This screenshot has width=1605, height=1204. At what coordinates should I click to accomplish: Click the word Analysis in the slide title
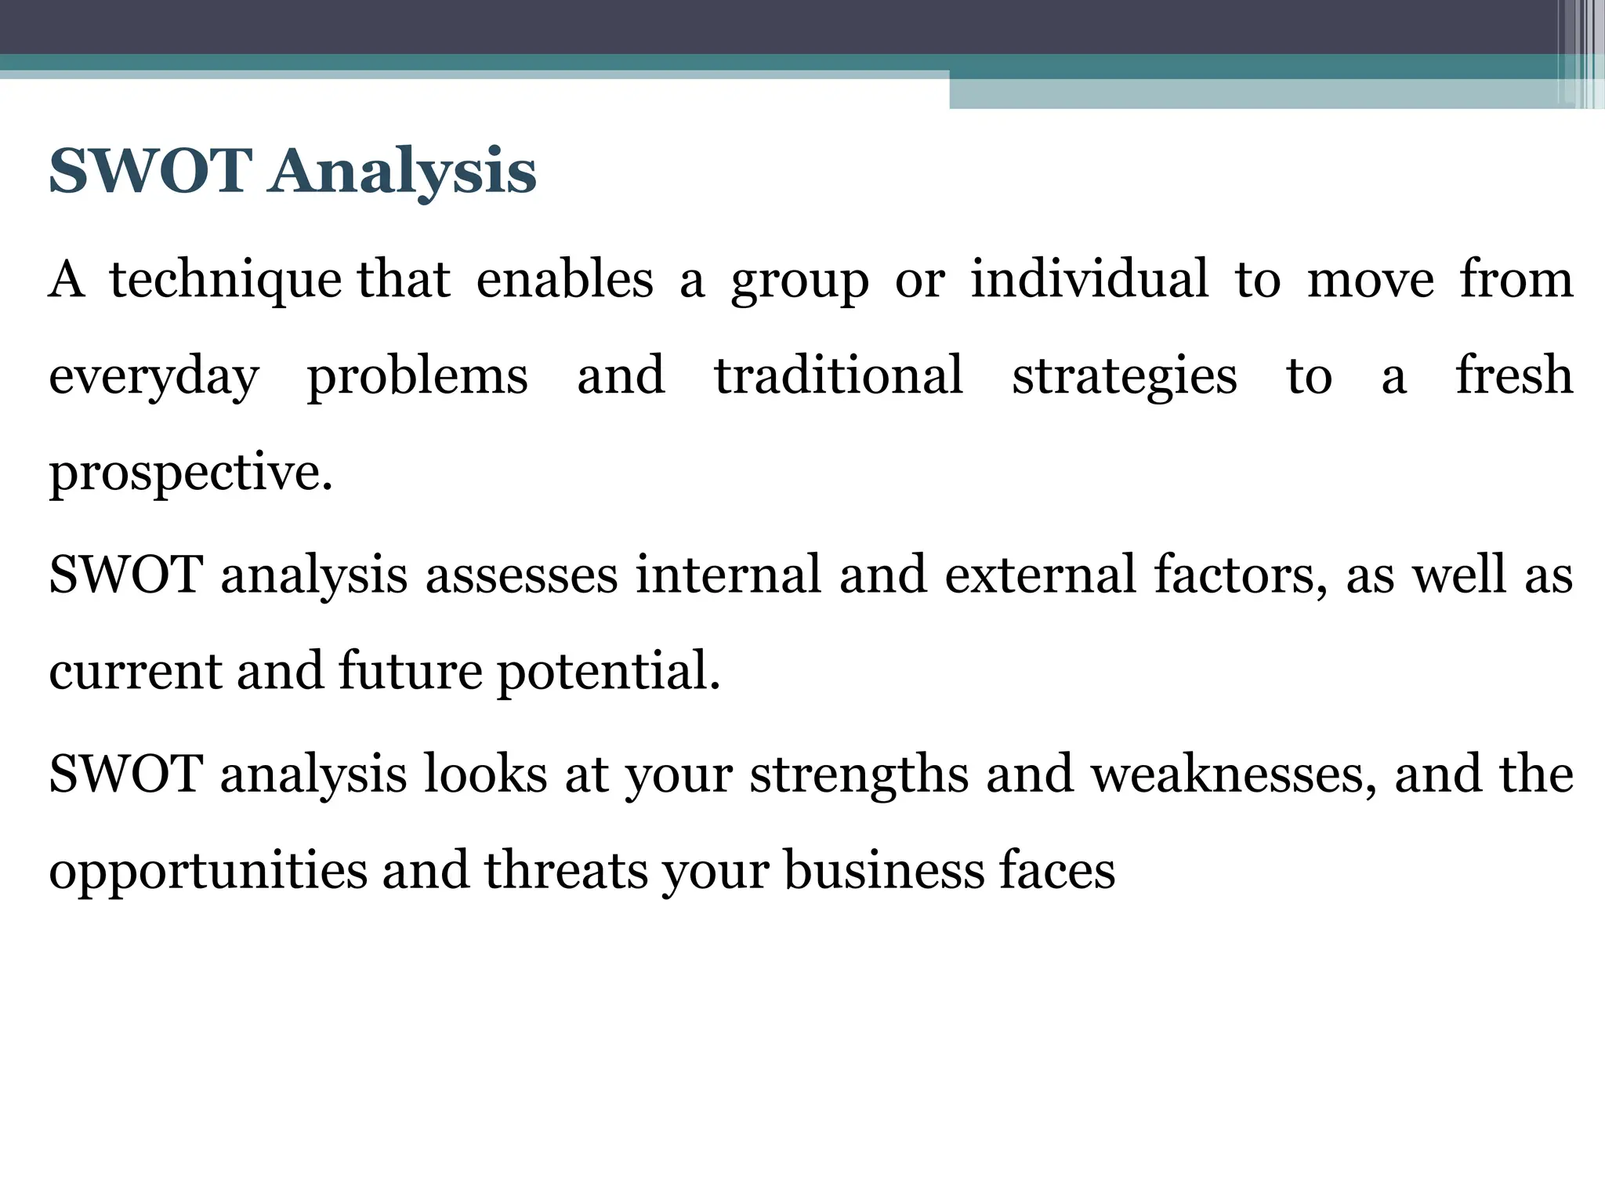[402, 171]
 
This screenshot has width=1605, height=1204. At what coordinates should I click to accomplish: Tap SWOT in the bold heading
[150, 171]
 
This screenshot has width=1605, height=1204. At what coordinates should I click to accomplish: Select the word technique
[225, 281]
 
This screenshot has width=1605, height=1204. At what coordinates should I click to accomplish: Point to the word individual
[1089, 279]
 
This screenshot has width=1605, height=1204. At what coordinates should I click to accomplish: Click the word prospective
[190, 474]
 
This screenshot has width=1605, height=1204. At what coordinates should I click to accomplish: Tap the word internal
[728, 574]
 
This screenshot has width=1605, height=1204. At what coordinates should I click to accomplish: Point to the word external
[1041, 574]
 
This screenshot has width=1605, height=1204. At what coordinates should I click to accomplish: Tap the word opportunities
[208, 872]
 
